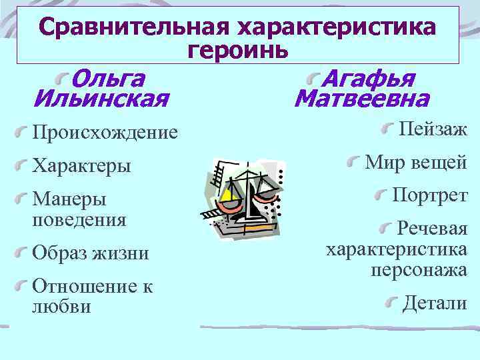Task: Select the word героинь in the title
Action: coord(238,49)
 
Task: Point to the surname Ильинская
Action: coord(100,101)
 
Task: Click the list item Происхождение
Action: coord(105,133)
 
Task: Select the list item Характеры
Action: coord(81,165)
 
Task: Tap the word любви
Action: coord(61,306)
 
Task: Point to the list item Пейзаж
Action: coord(433,129)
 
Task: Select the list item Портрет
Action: coord(430,195)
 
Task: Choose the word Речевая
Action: coord(432,229)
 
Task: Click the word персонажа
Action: coord(419,269)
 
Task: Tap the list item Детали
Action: coord(435,303)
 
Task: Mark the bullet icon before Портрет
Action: coord(382,194)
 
